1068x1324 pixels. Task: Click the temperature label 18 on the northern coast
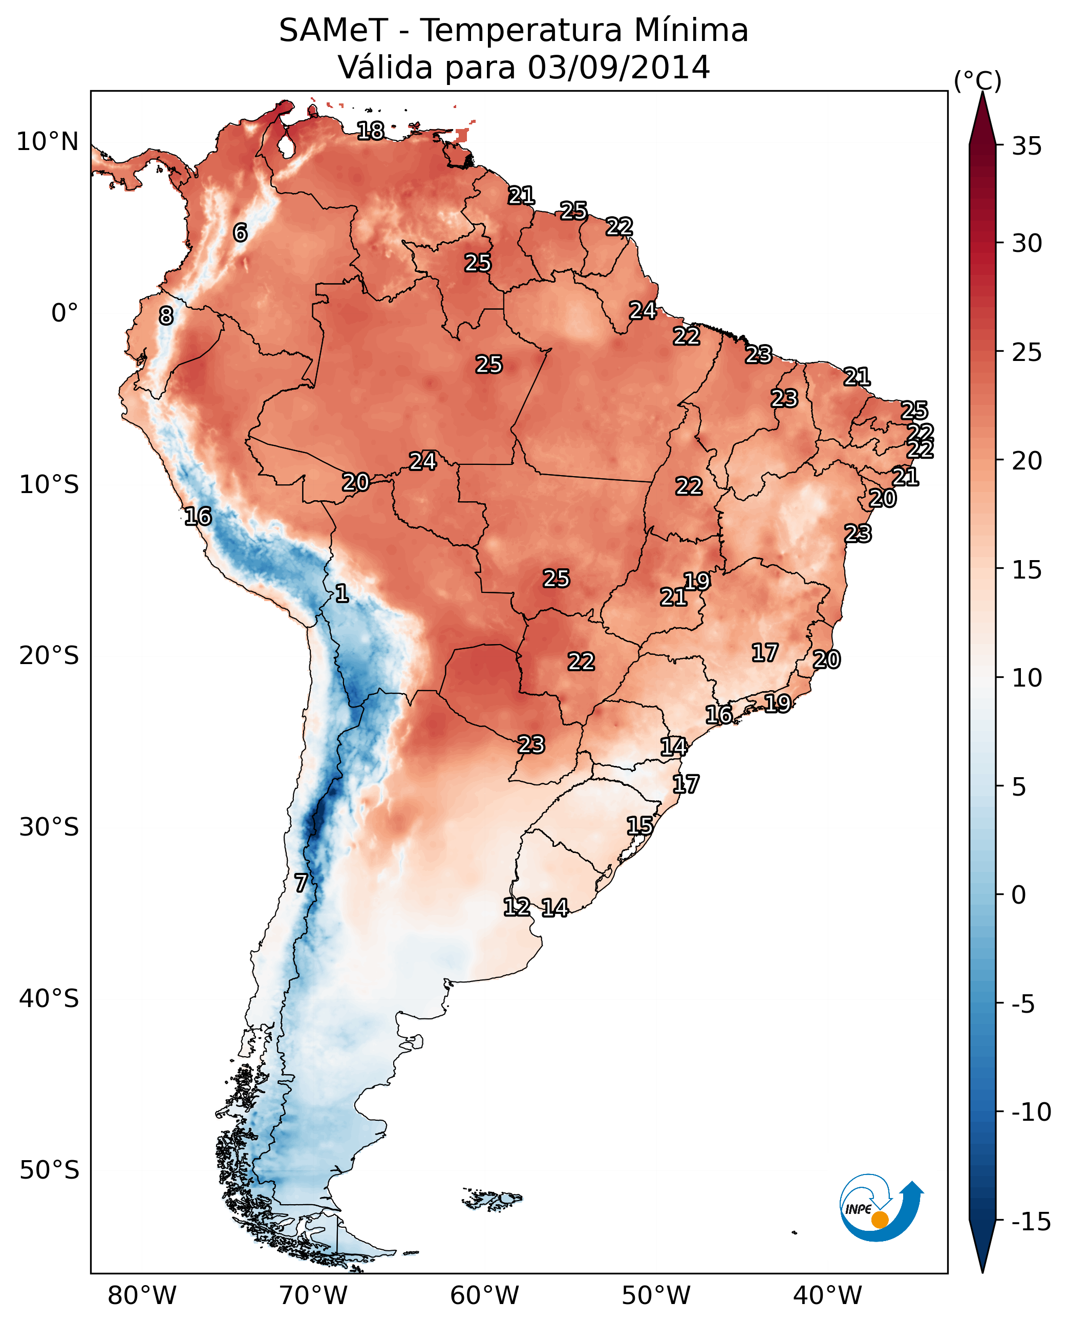coord(370,131)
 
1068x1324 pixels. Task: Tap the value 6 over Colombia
coord(240,232)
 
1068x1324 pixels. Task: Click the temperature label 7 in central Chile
coord(300,883)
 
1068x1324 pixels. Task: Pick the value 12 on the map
coord(517,907)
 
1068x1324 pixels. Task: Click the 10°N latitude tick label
coord(48,142)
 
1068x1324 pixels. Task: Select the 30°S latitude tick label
coord(49,827)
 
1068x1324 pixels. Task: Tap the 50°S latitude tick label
coord(49,1170)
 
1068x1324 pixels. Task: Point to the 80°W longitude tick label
coord(142,1295)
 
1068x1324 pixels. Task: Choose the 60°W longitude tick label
coord(485,1295)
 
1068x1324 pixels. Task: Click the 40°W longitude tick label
coord(827,1295)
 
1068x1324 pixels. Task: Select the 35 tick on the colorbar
coord(1027,146)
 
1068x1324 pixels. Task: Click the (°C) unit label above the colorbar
coord(977,80)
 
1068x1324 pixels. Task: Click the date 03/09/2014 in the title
coord(618,67)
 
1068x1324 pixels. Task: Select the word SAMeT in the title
coord(333,30)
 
